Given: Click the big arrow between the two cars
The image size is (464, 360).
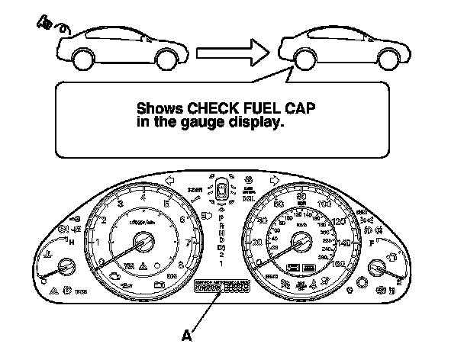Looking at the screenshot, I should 231,53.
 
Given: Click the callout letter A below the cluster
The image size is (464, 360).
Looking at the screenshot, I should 187,333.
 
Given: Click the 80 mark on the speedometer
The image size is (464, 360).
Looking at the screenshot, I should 302,197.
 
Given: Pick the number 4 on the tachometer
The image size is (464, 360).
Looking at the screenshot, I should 143,197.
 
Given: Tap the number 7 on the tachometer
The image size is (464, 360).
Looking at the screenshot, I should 188,243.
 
